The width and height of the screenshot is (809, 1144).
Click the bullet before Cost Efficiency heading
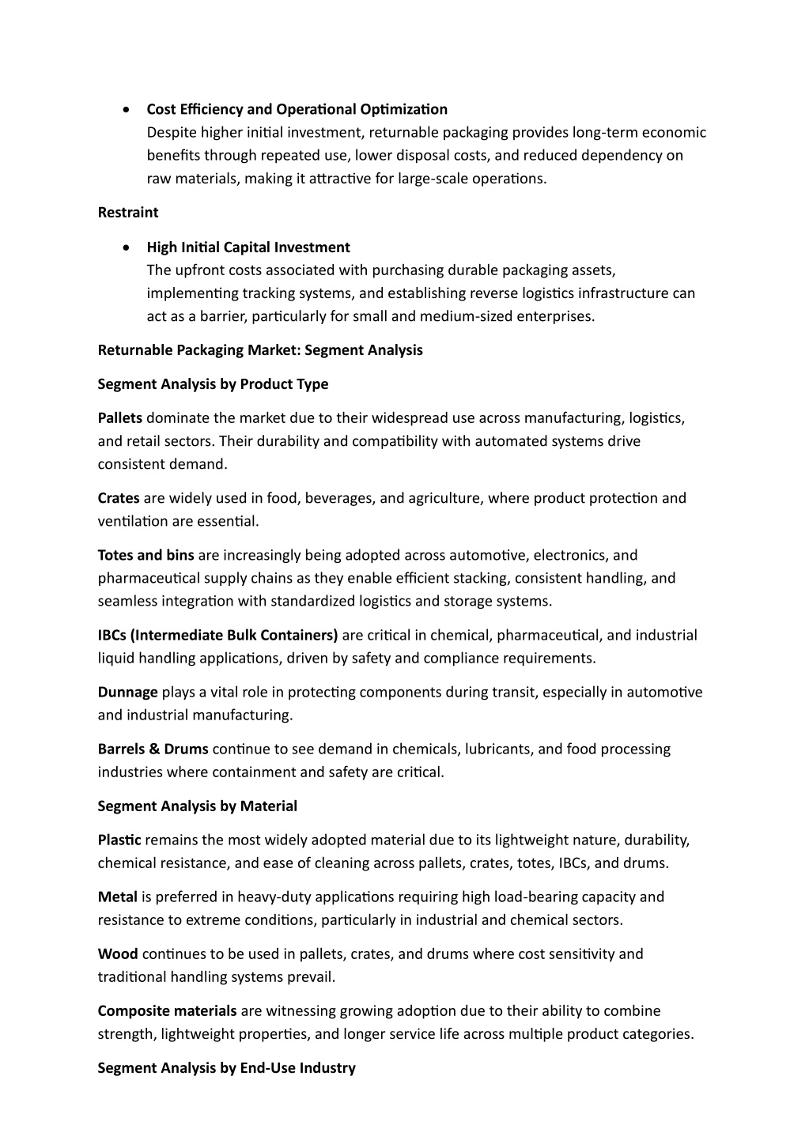click(x=127, y=110)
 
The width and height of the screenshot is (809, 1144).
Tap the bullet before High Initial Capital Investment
click(x=127, y=248)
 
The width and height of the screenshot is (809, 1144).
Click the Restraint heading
click(x=127, y=213)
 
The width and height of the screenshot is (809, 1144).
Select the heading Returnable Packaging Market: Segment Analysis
click(x=260, y=350)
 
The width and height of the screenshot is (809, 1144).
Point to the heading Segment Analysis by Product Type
click(x=213, y=384)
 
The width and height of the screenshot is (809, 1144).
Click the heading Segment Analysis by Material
click(x=197, y=806)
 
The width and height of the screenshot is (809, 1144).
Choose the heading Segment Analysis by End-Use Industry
click(x=226, y=1068)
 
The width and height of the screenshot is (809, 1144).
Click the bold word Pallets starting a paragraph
click(x=120, y=418)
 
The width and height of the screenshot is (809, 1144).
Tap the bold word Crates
click(x=119, y=498)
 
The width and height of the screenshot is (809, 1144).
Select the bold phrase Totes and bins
click(x=146, y=556)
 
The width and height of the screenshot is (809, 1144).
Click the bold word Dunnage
click(x=127, y=693)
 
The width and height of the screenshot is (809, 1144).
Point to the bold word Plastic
click(x=119, y=840)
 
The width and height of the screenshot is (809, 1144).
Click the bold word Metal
click(x=118, y=897)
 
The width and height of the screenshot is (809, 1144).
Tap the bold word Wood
click(x=118, y=954)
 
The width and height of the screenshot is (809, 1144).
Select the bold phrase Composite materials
click(x=167, y=1011)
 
